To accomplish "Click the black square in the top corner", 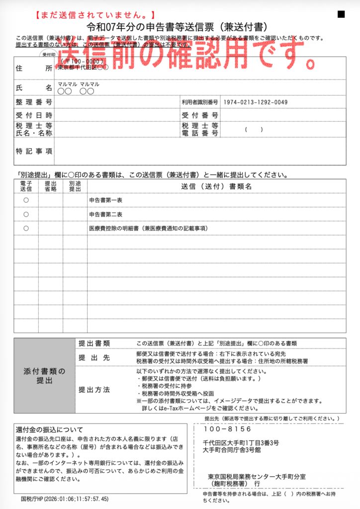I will pos(341,14).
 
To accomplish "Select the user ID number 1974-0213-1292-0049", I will pos(256,102).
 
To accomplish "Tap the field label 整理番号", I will pos(34,102).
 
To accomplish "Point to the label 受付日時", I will pos(34,115).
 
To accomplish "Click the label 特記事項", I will pos(34,151).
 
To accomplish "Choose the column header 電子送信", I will pos(26,186).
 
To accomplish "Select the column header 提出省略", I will pos(51,186).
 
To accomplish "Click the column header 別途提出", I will pos(75,186).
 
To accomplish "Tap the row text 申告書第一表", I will pos(105,200).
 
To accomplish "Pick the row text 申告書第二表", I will pos(105,214).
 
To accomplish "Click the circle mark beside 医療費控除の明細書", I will pos(26,229).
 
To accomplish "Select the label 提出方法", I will pos(94,389).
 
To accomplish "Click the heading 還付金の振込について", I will pos(49,429).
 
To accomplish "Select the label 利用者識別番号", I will pos(200,102).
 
